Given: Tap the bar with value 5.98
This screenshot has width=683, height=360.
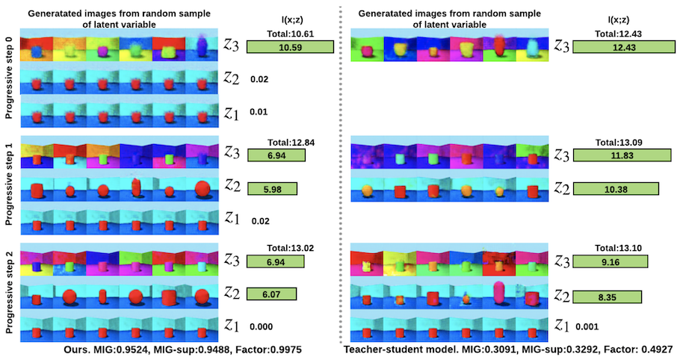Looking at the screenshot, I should [272, 188].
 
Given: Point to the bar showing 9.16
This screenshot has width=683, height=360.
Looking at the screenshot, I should [610, 261].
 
